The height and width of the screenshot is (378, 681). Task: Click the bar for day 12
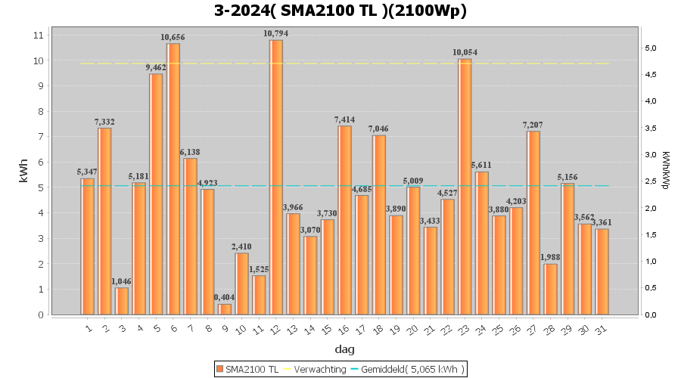(x=276, y=177)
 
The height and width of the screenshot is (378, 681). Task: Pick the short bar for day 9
(x=225, y=309)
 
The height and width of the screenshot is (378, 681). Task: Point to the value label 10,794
(x=276, y=33)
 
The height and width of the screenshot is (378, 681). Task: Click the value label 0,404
(x=225, y=297)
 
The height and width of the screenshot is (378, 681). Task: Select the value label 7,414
(x=344, y=119)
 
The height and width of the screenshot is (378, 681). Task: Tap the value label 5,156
(x=567, y=177)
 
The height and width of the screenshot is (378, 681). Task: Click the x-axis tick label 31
(x=601, y=330)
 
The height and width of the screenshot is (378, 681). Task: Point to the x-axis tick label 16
(x=344, y=330)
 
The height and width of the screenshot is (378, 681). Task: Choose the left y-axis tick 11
(x=39, y=36)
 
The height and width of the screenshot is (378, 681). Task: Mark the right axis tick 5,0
(x=650, y=48)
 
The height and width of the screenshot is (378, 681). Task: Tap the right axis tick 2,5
(x=650, y=181)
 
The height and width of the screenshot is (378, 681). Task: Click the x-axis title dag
(x=344, y=349)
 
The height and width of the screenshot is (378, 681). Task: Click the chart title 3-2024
(x=340, y=11)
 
